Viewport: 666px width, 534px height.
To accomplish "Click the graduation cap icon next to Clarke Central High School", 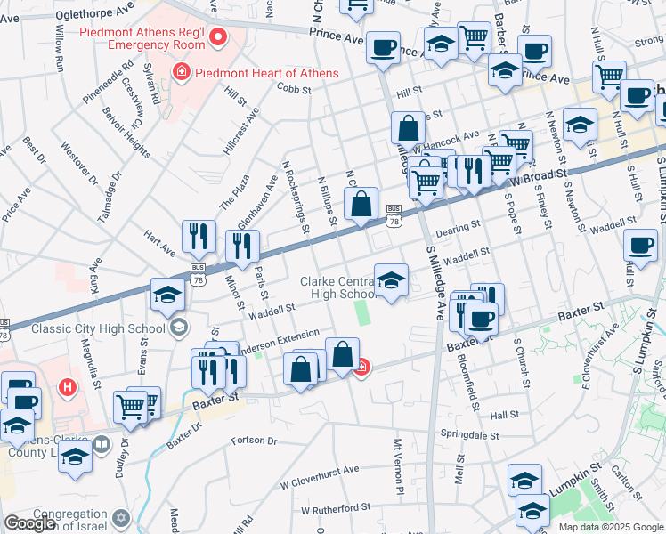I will (x=391, y=283).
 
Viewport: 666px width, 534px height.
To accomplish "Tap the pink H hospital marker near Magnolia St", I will (x=66, y=387).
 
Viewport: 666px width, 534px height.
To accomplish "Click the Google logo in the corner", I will (x=29, y=523).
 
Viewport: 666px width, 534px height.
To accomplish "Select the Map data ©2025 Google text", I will (x=611, y=527).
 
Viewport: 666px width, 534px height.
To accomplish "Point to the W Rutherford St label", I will (x=335, y=509).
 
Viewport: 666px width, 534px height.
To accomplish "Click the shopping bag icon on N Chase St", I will (x=361, y=206).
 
